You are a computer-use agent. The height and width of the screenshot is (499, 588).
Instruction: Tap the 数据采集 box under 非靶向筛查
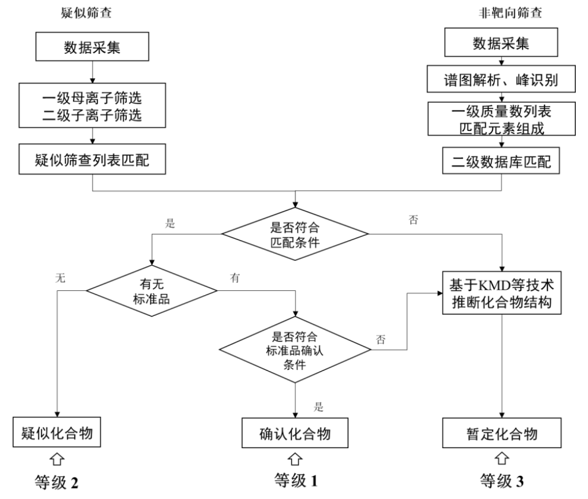coord(501,44)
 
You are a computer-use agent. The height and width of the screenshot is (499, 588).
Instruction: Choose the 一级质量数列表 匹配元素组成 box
coord(501,118)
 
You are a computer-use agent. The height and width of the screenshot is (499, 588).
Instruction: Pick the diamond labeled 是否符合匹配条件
coord(295,233)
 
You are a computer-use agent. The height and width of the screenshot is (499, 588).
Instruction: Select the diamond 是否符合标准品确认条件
coord(295,350)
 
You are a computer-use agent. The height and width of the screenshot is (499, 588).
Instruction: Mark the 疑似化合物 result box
coord(57,434)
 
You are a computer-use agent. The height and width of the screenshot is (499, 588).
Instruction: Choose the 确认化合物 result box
coord(295,434)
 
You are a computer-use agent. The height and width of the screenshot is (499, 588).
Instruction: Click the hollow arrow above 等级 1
coord(295,458)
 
